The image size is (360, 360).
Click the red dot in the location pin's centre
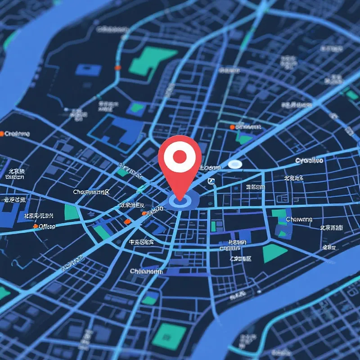(x=180, y=157)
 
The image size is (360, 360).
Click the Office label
(x=47, y=226)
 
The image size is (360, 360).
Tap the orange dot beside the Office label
(x=36, y=226)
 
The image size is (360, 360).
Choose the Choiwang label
(x=299, y=219)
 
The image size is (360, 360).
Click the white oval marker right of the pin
(x=235, y=164)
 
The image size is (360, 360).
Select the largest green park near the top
(x=152, y=61)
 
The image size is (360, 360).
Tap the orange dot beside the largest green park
(x=118, y=67)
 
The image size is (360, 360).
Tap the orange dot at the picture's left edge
(x=2, y=134)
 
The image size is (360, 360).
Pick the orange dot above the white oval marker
(x=232, y=127)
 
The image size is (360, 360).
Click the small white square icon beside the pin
(x=211, y=181)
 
